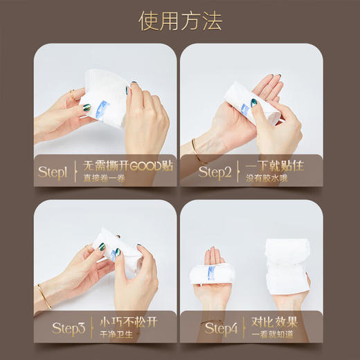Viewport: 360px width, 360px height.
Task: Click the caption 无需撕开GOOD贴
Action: point(128,167)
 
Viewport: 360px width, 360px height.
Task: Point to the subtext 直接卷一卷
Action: point(105,180)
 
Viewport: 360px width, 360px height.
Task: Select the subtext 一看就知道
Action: point(264,336)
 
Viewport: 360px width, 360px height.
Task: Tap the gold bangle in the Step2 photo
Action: point(196,147)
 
